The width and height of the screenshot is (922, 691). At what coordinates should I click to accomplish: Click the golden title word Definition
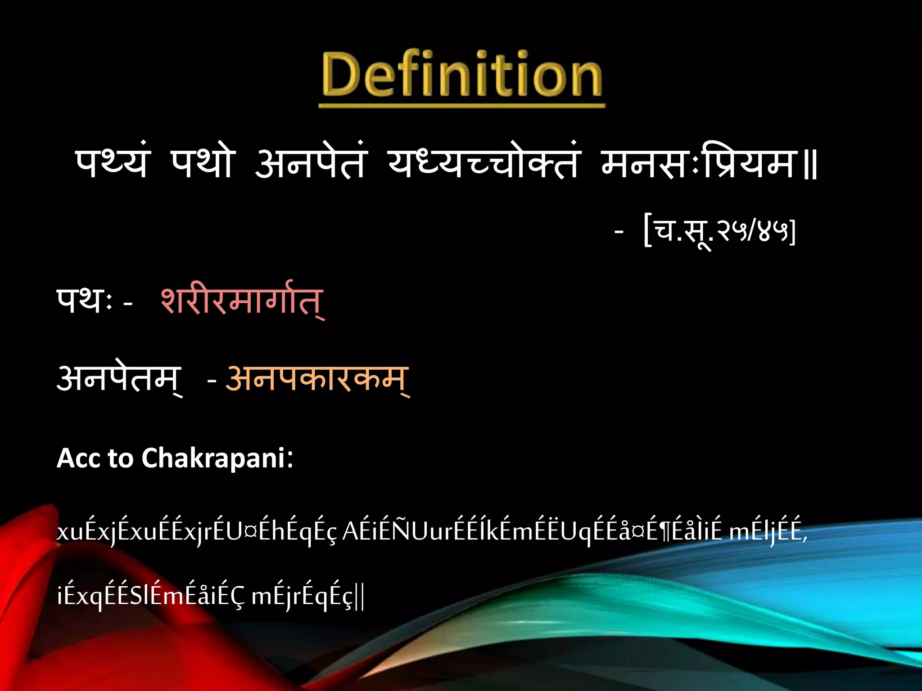(462, 74)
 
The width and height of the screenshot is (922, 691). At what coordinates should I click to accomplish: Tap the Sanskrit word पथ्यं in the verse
(112, 163)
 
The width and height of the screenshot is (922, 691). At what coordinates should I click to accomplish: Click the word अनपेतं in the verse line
(311, 163)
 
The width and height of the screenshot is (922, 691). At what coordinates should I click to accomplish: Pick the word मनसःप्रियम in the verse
(699, 163)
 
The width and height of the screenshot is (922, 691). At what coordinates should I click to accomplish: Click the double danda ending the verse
(811, 166)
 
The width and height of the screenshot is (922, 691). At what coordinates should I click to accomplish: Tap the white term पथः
(84, 301)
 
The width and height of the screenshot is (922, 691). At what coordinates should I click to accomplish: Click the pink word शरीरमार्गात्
(242, 301)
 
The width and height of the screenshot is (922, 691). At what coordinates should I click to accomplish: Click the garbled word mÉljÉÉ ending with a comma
(768, 532)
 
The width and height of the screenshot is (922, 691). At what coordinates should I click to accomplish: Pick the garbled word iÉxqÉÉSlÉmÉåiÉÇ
(151, 596)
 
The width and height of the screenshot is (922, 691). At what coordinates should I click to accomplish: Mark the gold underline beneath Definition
(462, 106)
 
